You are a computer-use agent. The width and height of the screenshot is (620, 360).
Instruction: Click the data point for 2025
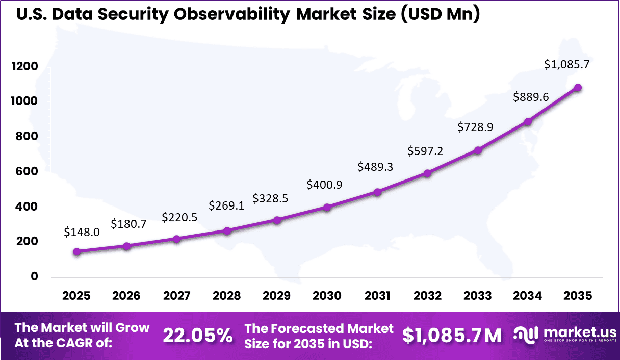[76, 251]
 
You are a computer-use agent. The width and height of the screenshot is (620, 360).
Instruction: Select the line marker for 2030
[327, 207]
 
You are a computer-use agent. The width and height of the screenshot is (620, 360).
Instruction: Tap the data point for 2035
[578, 88]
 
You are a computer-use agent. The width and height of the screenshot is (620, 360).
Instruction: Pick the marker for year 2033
[478, 150]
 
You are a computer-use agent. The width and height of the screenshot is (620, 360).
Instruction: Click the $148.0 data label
[82, 232]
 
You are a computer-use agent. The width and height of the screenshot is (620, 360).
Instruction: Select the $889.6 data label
[531, 96]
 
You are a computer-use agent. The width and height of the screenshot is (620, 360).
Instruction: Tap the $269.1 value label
[226, 205]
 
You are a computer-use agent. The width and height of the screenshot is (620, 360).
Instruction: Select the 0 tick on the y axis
[35, 276]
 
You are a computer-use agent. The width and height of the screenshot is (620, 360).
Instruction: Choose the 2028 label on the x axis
[227, 296]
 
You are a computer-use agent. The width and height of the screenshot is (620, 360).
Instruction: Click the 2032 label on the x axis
[427, 296]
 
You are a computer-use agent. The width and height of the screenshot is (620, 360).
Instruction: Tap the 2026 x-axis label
[126, 296]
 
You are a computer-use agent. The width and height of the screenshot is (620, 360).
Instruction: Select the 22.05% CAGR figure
[198, 336]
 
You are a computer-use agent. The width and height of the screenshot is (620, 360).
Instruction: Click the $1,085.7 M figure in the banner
[452, 336]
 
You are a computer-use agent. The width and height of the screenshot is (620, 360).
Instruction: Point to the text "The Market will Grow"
[82, 327]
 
